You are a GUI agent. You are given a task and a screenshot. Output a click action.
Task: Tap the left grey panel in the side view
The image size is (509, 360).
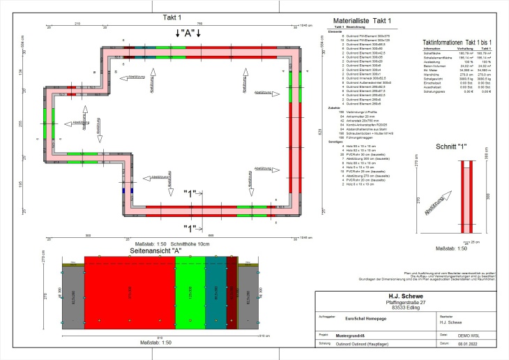[73, 297]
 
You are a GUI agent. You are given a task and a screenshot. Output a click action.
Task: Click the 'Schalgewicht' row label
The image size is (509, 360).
[433, 80]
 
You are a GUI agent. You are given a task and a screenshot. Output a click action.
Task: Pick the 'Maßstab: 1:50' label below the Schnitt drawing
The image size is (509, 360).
[450, 248]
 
